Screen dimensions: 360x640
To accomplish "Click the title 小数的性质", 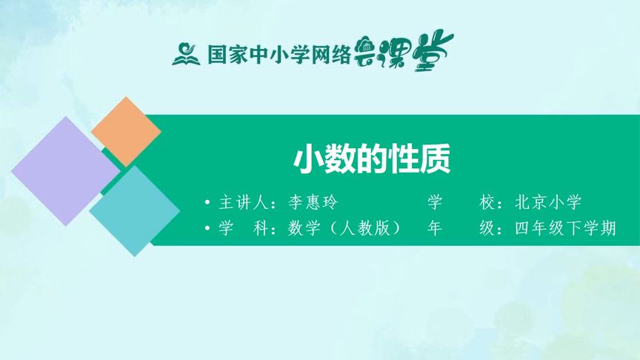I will [372, 159].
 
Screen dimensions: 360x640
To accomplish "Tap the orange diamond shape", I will [126, 131].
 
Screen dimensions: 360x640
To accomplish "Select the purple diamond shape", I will [65, 171].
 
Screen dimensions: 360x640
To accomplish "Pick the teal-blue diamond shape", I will [135, 210].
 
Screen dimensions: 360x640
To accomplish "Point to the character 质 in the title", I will [435, 159].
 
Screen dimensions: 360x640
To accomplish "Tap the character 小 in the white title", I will [308, 159].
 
